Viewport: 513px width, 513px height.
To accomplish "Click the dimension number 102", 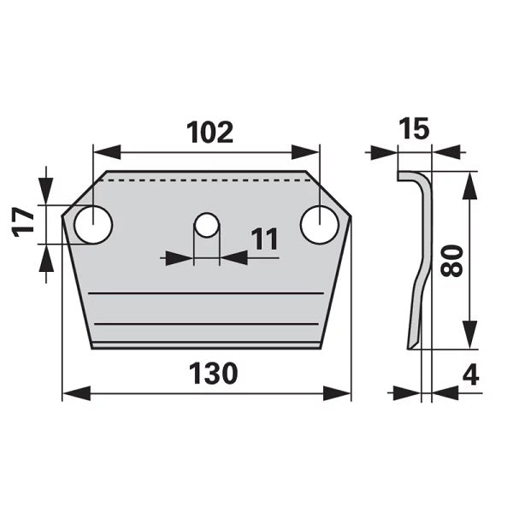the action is point(209,133).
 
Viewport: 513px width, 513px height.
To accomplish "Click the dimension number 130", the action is point(213,374).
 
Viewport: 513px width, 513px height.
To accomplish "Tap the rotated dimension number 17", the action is point(24,221).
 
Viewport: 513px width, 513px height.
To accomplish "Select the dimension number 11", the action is point(265,239).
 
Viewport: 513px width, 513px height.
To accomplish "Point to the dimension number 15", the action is point(414,128).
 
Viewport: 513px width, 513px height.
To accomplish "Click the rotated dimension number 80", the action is point(452,261).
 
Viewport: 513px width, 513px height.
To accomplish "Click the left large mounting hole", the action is point(93,225).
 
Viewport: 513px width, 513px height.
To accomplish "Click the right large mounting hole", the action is point(319,225).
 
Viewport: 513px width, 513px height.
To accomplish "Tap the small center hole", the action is point(206,225).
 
